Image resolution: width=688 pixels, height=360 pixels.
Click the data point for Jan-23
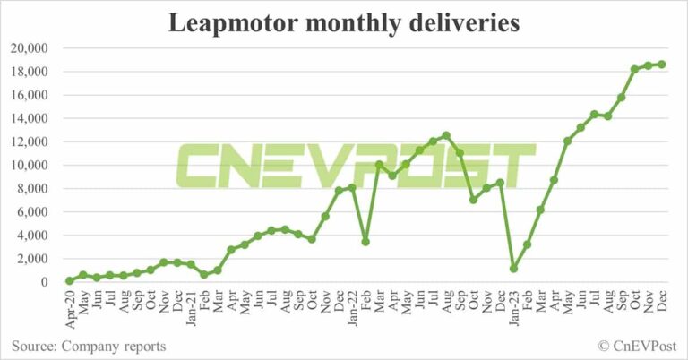tap(513, 268)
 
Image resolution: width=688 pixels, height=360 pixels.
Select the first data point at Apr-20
tap(70, 280)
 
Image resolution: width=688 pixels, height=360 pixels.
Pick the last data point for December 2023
tap(661, 64)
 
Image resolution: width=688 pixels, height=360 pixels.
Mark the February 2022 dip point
tap(365, 242)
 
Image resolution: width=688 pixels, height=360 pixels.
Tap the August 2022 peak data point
tap(446, 135)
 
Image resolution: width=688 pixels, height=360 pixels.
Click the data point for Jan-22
tap(352, 187)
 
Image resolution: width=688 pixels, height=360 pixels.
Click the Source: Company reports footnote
tap(89, 346)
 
